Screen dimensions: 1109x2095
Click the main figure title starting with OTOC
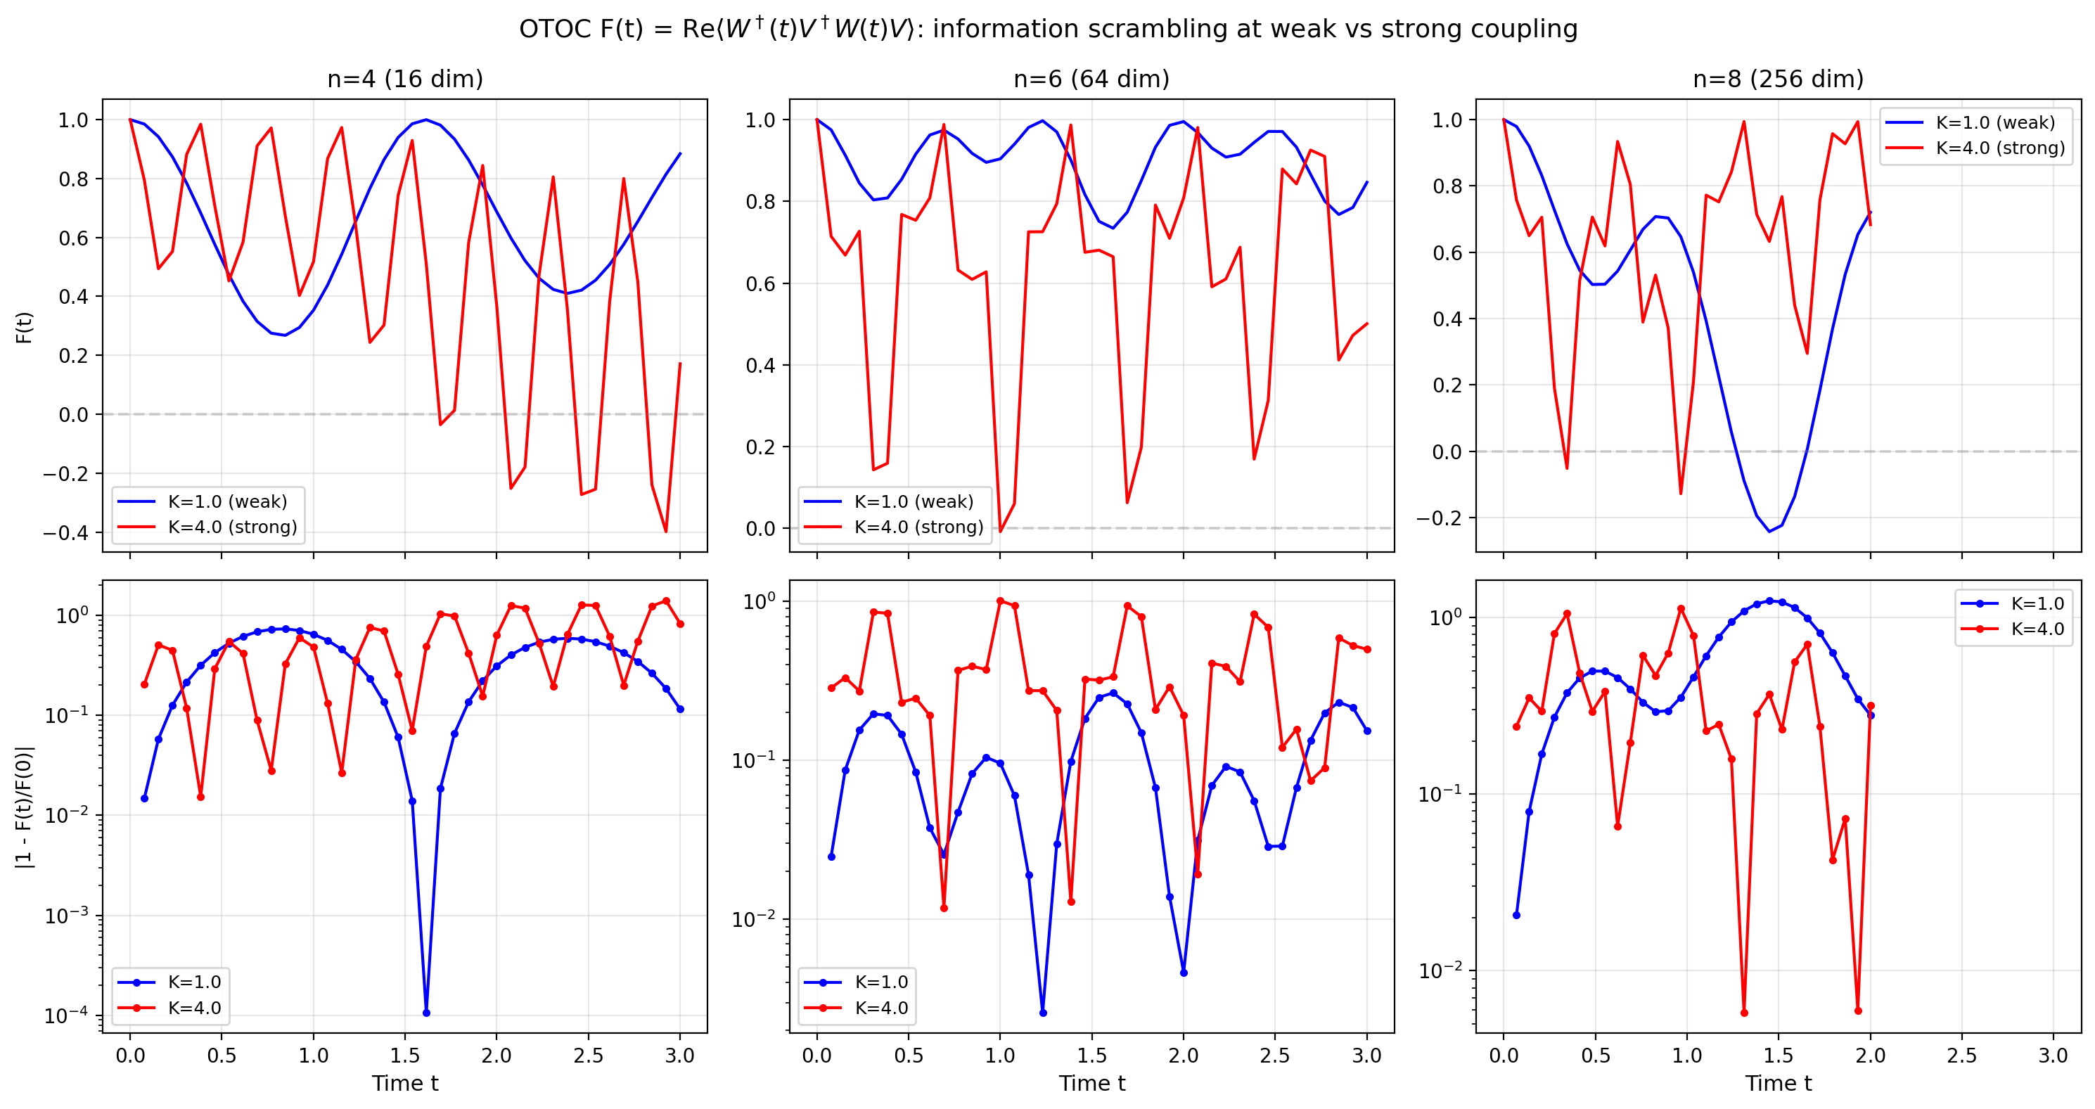point(1048,30)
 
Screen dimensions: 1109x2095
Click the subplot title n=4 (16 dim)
point(405,79)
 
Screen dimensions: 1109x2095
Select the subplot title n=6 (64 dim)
point(1091,79)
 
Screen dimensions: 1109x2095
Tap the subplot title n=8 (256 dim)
point(1778,79)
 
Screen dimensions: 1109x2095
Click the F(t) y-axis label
point(25,328)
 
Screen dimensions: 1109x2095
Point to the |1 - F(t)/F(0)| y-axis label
point(25,807)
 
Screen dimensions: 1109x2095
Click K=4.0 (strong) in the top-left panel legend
point(232,527)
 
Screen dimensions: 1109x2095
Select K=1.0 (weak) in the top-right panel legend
point(1995,123)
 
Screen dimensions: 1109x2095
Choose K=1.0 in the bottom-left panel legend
point(194,982)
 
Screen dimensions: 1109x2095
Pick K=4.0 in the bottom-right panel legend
point(2037,629)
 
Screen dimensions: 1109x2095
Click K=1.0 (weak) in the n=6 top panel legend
point(914,501)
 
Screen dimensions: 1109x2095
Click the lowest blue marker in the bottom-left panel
point(426,1012)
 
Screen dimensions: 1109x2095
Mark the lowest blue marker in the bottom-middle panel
point(1043,1012)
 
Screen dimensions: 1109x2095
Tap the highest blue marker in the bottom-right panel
point(1769,601)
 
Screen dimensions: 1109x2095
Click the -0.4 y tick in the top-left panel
point(66,533)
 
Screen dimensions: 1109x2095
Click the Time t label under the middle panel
point(1091,1083)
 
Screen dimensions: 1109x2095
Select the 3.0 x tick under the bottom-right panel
point(2053,1056)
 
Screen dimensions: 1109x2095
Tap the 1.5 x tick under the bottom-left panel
point(405,1056)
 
